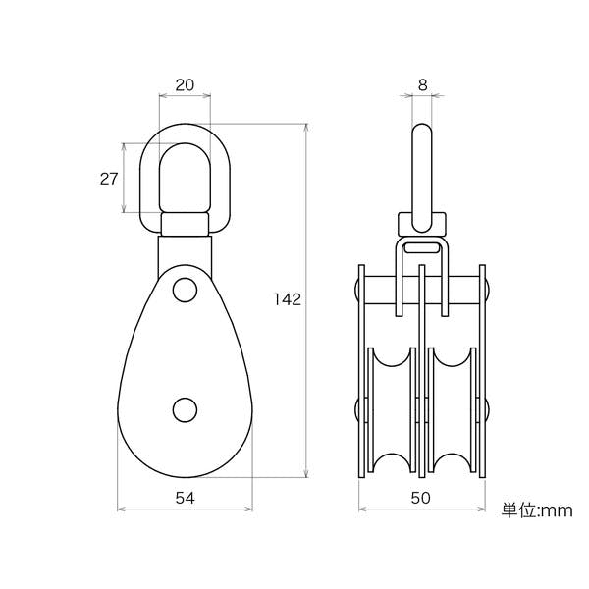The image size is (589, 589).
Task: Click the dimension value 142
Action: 288,299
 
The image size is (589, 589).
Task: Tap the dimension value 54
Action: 186,498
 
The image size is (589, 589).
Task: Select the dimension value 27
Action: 109,179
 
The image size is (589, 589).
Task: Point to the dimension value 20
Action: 185,85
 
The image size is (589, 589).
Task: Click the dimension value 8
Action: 422,85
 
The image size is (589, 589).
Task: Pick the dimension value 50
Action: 420,498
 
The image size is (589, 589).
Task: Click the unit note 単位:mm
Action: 537,510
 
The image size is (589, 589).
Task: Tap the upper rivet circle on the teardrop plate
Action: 185,290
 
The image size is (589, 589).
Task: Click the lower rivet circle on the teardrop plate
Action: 185,409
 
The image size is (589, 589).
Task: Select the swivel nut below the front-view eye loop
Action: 185,224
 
